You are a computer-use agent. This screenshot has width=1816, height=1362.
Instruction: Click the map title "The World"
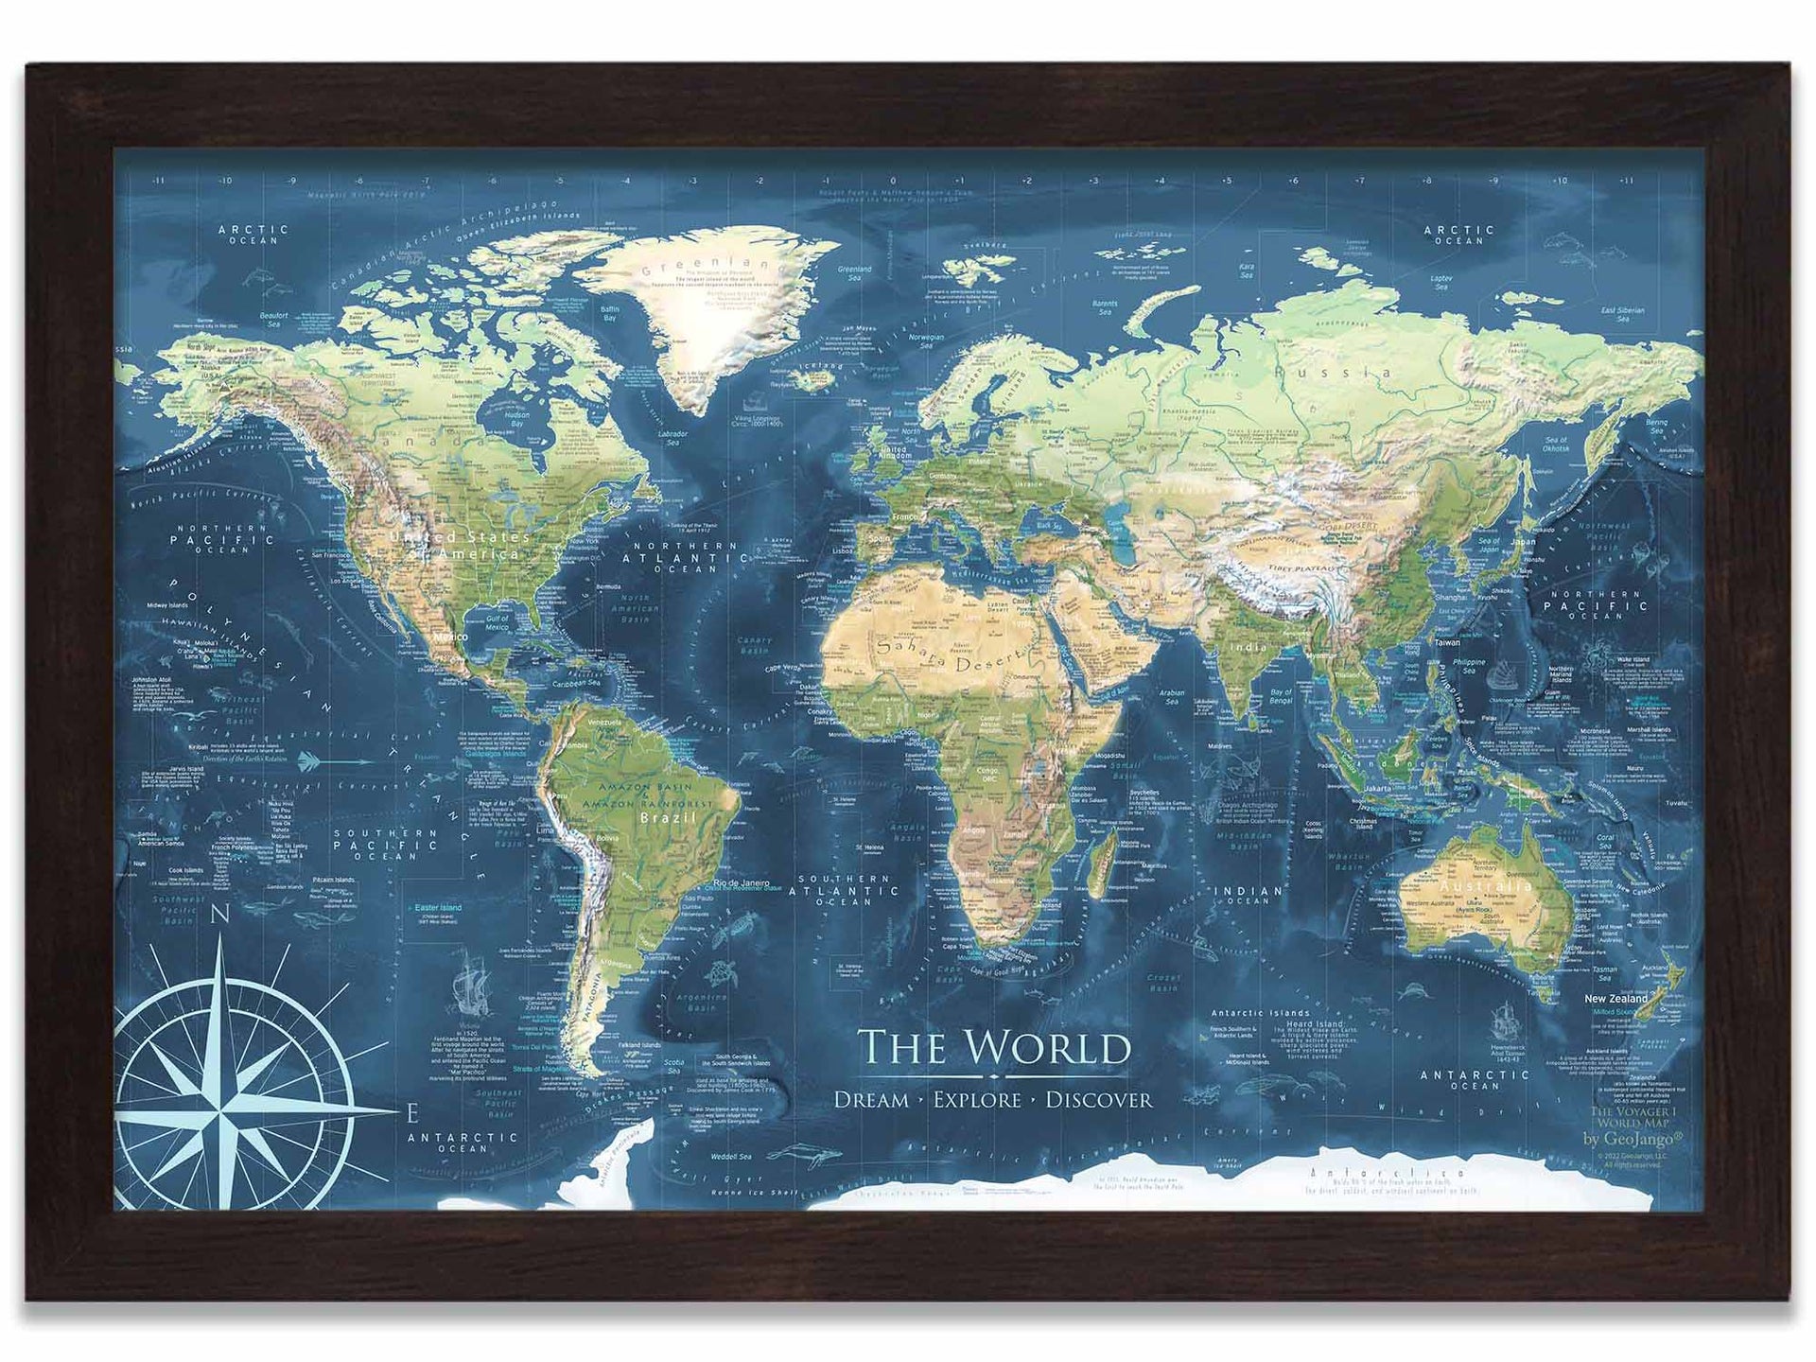tap(993, 1048)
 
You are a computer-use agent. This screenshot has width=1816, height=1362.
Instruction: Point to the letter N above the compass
tap(220, 916)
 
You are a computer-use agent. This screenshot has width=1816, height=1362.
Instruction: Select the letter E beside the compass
tap(410, 1112)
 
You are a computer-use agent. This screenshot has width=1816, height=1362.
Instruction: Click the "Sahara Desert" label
tap(951, 654)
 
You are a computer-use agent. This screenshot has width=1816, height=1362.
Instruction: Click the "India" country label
tap(1248, 648)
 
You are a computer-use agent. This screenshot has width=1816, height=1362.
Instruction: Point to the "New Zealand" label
tap(1615, 999)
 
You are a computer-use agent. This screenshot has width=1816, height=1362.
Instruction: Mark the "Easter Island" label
tap(438, 908)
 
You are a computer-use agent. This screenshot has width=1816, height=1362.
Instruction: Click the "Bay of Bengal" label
tap(1282, 697)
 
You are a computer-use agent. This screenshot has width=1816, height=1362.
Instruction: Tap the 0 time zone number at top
tap(893, 180)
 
